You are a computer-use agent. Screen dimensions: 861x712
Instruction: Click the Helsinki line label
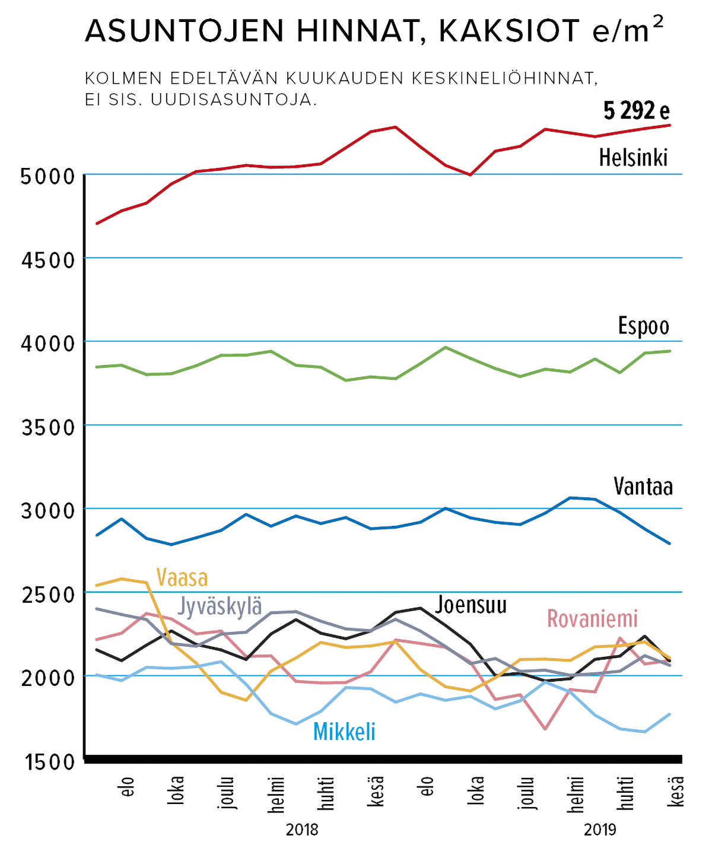(x=633, y=158)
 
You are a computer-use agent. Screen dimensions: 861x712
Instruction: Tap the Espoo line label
(x=644, y=326)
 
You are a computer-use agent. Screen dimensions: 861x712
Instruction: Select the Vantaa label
(x=643, y=487)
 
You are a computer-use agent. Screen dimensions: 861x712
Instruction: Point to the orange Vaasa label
(x=182, y=577)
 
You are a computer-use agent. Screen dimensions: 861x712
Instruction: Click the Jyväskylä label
(x=220, y=606)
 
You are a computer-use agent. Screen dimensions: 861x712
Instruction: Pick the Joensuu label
(x=471, y=605)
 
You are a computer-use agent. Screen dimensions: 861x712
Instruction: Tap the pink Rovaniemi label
(x=592, y=618)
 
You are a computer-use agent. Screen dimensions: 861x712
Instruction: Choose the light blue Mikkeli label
(x=344, y=732)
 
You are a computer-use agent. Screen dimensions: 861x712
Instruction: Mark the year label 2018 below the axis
(x=302, y=829)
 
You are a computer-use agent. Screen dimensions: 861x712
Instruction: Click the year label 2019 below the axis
(x=600, y=829)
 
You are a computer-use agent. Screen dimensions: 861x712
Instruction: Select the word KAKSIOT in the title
(x=509, y=31)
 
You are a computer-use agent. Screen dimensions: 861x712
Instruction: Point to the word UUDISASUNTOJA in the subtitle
(x=234, y=99)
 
